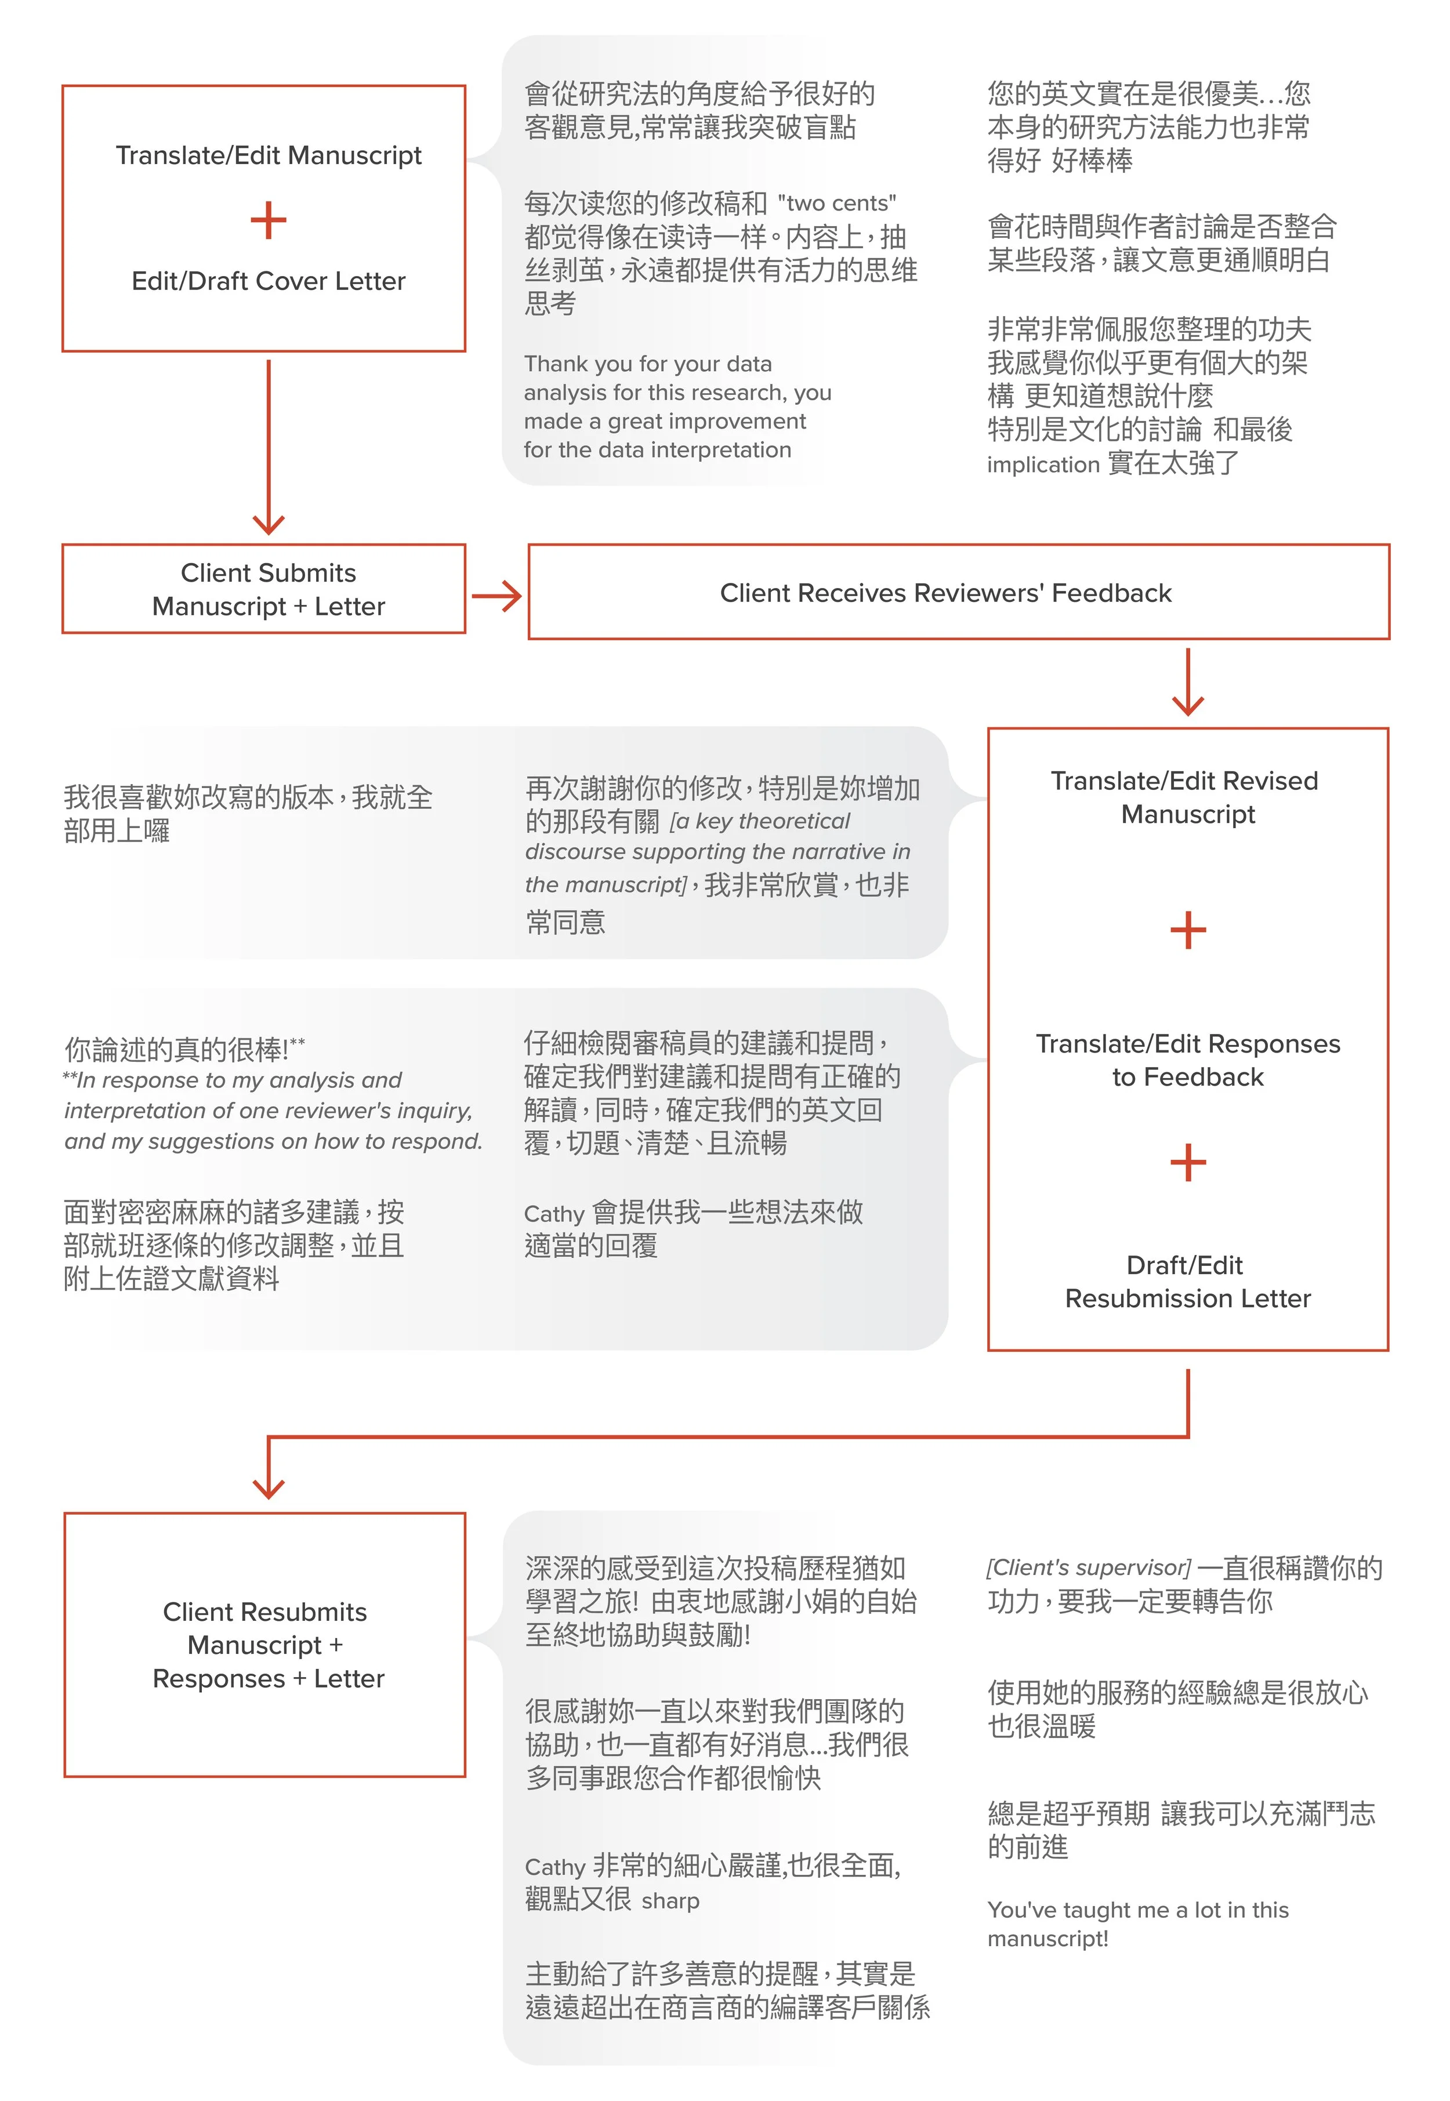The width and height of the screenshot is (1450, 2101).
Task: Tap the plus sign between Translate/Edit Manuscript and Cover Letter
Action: pyautogui.click(x=268, y=221)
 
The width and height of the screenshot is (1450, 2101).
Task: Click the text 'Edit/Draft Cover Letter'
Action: pyautogui.click(x=268, y=281)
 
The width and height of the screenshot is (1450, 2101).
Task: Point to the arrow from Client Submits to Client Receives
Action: pyautogui.click(x=497, y=596)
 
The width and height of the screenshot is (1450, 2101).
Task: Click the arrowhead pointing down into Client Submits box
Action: pyautogui.click(x=268, y=522)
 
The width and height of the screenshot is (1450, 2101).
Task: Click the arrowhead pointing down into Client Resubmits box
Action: pyautogui.click(x=268, y=1487)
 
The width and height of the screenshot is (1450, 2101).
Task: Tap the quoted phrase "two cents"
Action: pyautogui.click(x=837, y=202)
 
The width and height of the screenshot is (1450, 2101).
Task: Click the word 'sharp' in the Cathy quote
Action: pyautogui.click(x=670, y=1900)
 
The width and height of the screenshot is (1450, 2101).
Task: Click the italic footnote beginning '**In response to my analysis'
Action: pyautogui.click(x=273, y=1110)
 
